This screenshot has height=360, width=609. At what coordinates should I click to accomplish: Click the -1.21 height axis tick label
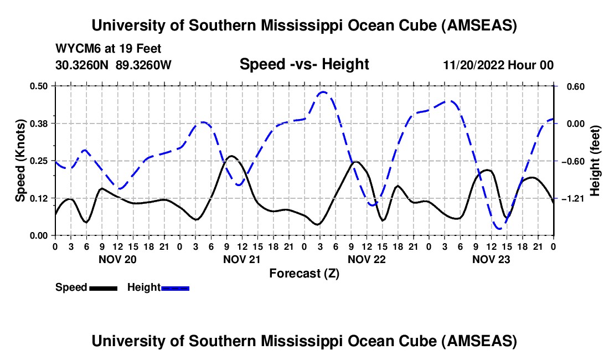[572, 198]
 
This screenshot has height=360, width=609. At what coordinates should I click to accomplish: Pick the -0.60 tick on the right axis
[572, 161]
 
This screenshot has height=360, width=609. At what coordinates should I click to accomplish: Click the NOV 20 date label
[117, 259]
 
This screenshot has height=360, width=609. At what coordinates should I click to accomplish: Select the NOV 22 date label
[367, 259]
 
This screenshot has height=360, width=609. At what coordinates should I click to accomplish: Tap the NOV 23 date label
[491, 259]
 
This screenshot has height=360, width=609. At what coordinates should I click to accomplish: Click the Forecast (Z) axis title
[304, 273]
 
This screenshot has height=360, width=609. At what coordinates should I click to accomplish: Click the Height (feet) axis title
[595, 161]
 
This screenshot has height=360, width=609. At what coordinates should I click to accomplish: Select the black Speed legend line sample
[103, 287]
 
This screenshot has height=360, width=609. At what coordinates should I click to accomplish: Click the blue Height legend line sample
[176, 287]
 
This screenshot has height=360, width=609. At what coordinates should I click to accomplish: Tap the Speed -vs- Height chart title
[304, 64]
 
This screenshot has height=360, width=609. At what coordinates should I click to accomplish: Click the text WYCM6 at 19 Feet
[109, 49]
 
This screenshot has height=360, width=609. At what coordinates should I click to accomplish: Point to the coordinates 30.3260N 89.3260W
[113, 65]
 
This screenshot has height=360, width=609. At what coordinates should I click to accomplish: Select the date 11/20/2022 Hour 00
[498, 65]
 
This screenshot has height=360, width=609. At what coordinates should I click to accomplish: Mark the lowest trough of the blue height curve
[499, 228]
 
